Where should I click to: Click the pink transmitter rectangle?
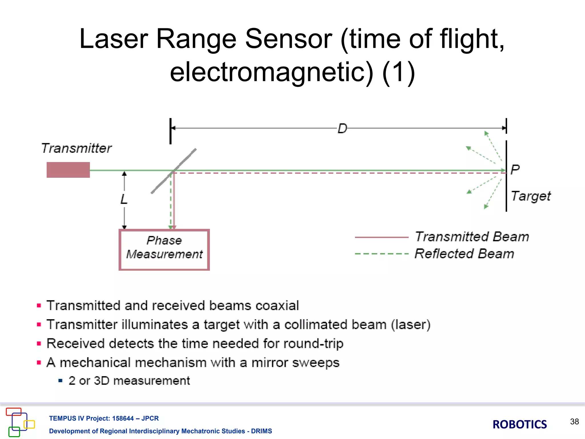pyautogui.click(x=68, y=170)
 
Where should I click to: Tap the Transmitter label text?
pyautogui.click(x=77, y=148)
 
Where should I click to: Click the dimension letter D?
pyautogui.click(x=342, y=129)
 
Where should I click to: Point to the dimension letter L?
pyautogui.click(x=124, y=199)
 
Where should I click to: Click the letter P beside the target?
pyautogui.click(x=515, y=169)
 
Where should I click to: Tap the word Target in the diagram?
pyautogui.click(x=531, y=196)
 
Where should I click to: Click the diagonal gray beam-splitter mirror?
pyautogui.click(x=174, y=171)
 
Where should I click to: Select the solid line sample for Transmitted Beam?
pyautogui.click(x=381, y=237)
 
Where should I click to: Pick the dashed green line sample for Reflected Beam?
pyautogui.click(x=381, y=254)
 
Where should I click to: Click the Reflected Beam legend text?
pyautogui.click(x=464, y=254)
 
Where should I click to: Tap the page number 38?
pyautogui.click(x=574, y=422)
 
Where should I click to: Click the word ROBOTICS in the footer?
pyautogui.click(x=520, y=424)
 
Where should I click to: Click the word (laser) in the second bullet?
pyautogui.click(x=410, y=325)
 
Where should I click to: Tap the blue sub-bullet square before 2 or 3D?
pyautogui.click(x=60, y=381)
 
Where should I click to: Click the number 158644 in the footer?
pyautogui.click(x=123, y=418)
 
